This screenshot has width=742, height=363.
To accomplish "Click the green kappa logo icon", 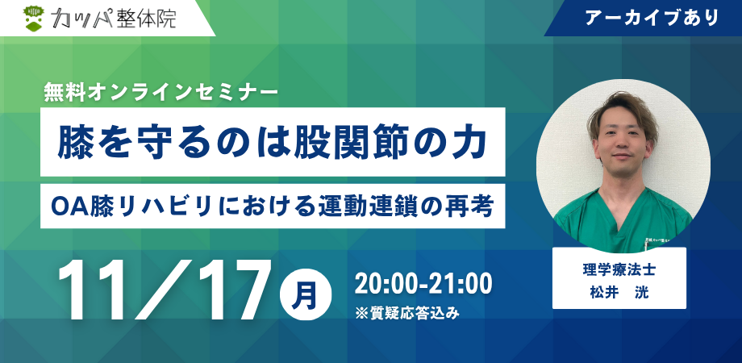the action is point(34,19).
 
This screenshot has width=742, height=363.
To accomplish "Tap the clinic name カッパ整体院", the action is point(113,19).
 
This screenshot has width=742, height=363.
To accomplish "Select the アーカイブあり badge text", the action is point(652,18).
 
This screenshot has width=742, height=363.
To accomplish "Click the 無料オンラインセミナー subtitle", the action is point(160,91).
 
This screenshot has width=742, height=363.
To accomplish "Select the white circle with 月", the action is point(305,295).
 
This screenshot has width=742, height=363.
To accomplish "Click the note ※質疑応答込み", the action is point(407,313).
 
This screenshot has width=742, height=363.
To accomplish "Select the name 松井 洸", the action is point(619,293).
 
